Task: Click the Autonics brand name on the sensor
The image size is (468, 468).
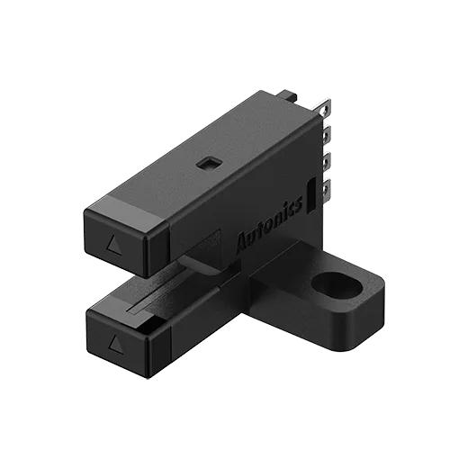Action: click(x=269, y=230)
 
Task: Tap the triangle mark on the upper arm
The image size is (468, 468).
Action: click(x=112, y=244)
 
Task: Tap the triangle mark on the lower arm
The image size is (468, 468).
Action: click(x=113, y=342)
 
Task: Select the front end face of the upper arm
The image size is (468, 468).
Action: click(x=112, y=242)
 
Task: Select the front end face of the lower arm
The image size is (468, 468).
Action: click(x=114, y=340)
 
